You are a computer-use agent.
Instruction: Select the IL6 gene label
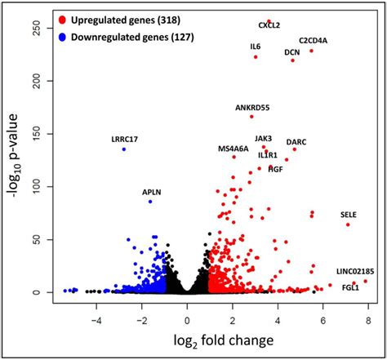coord(255,47)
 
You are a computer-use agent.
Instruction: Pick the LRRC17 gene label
coord(125,139)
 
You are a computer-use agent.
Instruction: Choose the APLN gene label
coord(152,192)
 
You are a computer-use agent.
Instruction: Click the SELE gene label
coord(349,215)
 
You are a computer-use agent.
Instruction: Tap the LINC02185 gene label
coord(355,270)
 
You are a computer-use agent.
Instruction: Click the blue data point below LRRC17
coord(124,149)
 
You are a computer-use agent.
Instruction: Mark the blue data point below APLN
coord(150,201)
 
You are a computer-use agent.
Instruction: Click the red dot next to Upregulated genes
coord(63,17)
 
